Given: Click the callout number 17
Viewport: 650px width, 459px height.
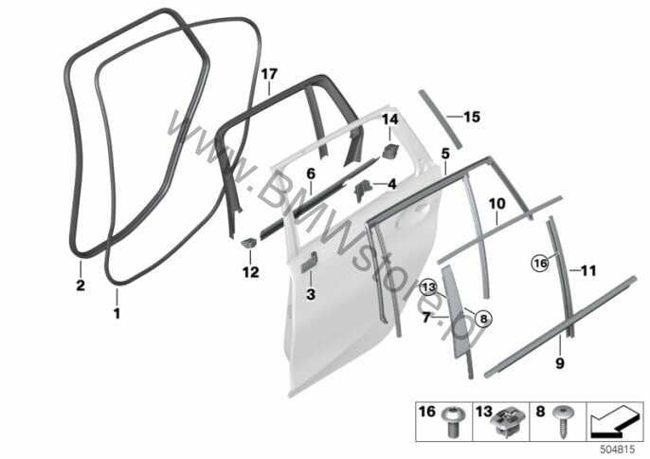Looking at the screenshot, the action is tap(269, 75).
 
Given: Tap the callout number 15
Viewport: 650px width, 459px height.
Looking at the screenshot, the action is tap(472, 117).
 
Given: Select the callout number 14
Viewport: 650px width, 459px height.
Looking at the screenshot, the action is tap(390, 119).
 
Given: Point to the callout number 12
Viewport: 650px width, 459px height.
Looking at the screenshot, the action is tap(251, 272).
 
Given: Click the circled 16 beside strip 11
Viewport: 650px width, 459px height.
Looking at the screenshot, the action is tap(540, 263).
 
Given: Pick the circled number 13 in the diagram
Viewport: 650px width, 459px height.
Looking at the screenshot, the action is tap(428, 287).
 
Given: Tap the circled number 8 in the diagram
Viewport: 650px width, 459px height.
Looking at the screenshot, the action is tap(484, 319).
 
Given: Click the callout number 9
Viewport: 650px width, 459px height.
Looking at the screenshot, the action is tap(560, 363).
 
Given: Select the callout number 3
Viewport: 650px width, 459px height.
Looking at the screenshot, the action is tap(311, 294).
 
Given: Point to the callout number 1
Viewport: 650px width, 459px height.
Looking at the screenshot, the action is tap(117, 313).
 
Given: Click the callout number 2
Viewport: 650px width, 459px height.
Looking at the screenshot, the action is tap(81, 285).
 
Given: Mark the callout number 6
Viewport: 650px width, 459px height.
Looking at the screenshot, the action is tap(311, 174).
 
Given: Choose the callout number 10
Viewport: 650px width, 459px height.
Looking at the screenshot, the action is tap(497, 204).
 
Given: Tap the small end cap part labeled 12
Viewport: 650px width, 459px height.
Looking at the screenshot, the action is tap(249, 242).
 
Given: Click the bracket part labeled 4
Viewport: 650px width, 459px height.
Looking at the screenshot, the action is tap(362, 190).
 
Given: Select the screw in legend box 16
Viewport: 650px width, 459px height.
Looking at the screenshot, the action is tap(451, 421).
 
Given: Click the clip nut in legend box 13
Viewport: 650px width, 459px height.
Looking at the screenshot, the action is tap(507, 421).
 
